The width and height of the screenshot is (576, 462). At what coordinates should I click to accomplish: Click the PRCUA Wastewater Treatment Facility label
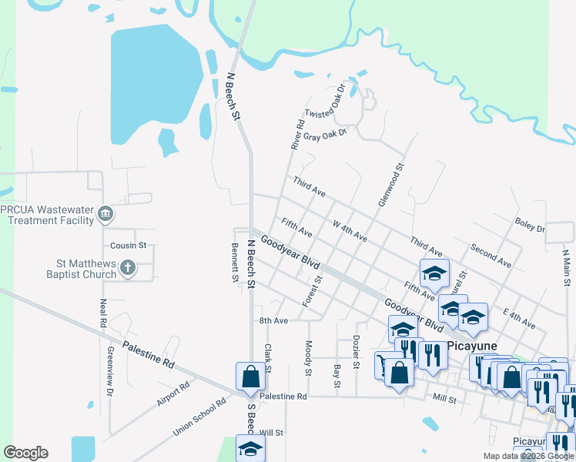click(47, 214)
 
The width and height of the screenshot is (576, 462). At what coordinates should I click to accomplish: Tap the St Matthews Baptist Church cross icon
click(129, 269)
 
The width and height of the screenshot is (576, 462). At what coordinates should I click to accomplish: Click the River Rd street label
click(297, 134)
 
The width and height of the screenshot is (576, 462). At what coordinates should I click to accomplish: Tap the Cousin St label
click(128, 246)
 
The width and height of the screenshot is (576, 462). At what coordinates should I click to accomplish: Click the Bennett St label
click(235, 263)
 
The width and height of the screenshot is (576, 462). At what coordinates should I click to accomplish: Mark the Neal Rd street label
click(102, 313)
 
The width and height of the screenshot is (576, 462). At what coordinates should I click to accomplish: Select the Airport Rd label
click(173, 393)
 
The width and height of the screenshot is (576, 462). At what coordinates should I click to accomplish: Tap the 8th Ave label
click(273, 320)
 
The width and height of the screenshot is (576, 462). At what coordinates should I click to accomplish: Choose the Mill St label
click(445, 398)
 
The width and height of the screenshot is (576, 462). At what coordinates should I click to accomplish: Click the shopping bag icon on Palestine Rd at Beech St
click(250, 377)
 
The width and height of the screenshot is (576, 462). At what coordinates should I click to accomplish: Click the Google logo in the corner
click(25, 453)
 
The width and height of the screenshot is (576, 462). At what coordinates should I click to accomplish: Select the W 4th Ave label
click(350, 231)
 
